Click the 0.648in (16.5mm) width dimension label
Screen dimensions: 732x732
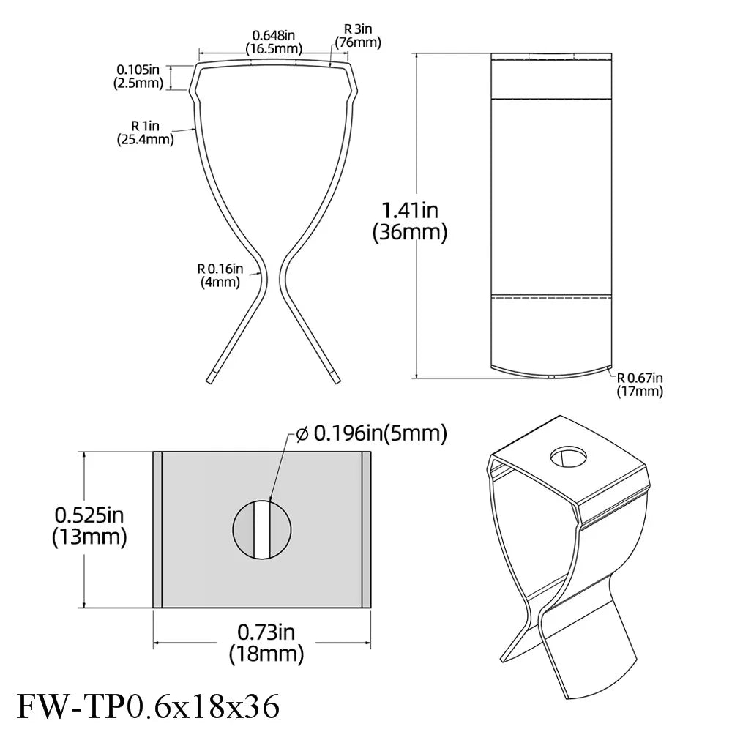(273, 42)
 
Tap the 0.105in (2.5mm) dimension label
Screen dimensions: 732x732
(138, 76)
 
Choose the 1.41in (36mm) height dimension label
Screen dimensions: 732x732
(409, 222)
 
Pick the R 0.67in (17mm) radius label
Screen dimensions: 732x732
(640, 384)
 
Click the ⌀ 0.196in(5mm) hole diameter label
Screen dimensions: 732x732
(371, 433)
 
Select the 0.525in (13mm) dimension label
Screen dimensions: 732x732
(89, 526)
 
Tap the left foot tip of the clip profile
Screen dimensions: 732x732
(210, 378)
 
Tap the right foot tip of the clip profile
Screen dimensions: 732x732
(335, 378)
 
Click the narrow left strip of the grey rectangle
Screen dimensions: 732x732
(157, 529)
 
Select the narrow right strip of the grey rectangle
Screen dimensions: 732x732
(367, 529)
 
